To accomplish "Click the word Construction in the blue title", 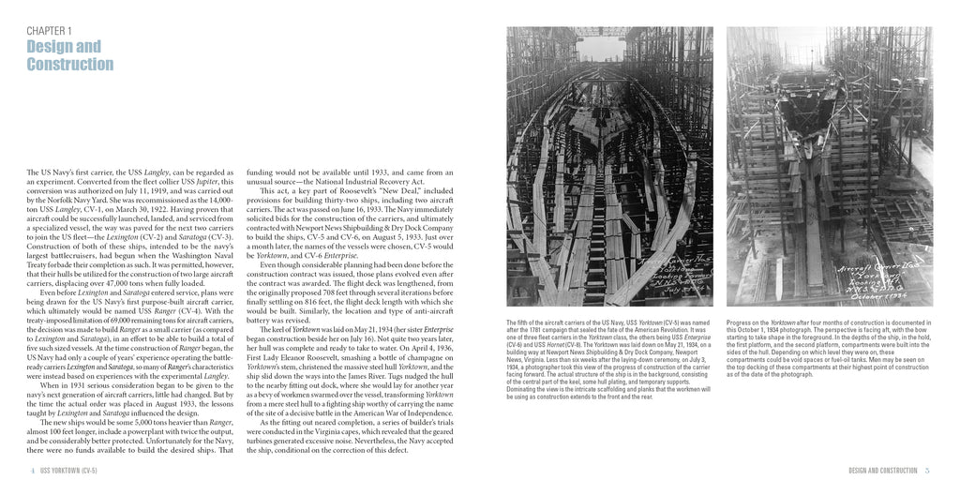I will (70, 64).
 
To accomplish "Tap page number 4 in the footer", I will (34, 469).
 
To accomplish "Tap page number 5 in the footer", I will (927, 469).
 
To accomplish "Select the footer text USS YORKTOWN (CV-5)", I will (74, 469).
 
